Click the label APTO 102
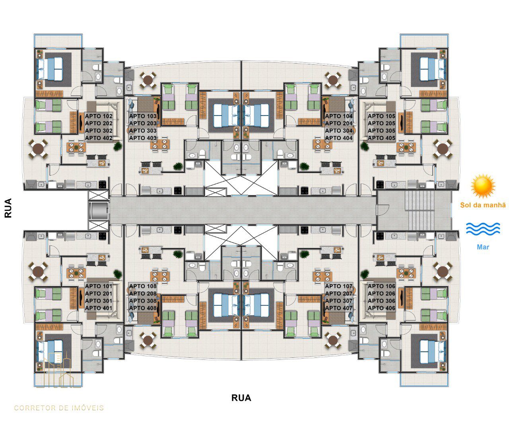coord(99,116)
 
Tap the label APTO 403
coord(143,138)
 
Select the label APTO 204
coord(339,124)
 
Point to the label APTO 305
coord(381,131)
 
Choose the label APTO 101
coord(99,286)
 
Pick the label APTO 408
coord(143,308)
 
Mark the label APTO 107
coord(339,286)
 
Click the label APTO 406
coord(381,308)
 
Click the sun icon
coord(483,186)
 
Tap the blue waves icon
coord(483,229)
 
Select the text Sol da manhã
coord(483,205)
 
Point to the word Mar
coord(483,247)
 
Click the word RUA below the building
coord(241,398)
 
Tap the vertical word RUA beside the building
coord(8,208)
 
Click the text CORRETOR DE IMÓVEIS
coord(59,408)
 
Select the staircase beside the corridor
coord(419,210)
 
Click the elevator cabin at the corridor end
coord(98,210)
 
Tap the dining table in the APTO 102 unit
coord(76,147)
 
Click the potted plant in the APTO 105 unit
coord(364,146)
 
